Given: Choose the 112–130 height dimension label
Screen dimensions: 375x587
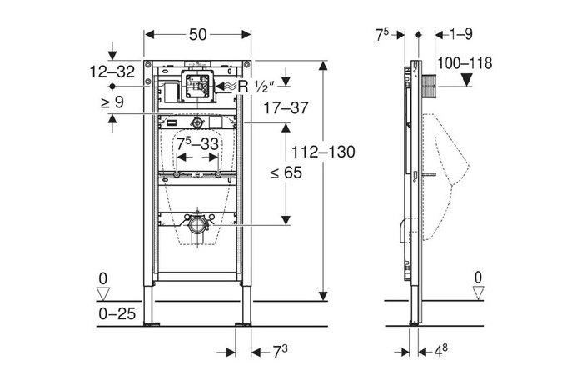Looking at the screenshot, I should (327, 152).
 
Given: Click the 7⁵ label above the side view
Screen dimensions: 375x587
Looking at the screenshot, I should (383, 34).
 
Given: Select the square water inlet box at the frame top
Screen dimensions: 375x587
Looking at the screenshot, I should (197, 85).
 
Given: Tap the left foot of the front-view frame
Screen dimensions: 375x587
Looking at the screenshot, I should (152, 321).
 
